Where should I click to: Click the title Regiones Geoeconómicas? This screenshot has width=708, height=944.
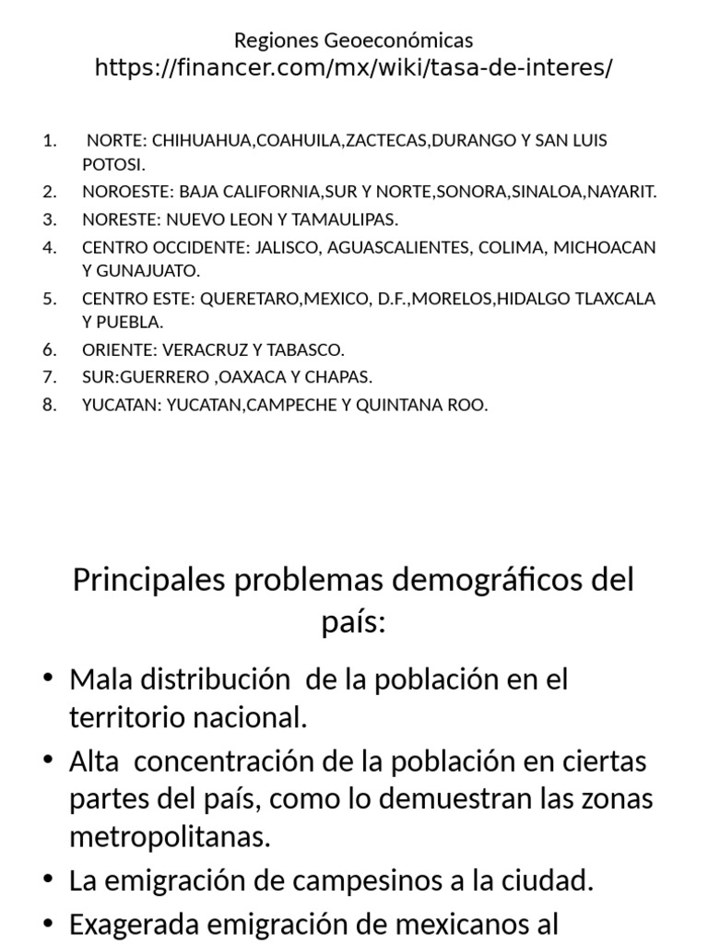click(x=353, y=41)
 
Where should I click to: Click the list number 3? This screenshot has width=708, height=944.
click(x=50, y=219)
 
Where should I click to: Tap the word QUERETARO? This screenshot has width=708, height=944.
click(x=243, y=299)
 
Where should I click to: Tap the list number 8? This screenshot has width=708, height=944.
click(x=50, y=405)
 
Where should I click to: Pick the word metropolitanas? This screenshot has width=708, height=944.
click(x=171, y=837)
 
